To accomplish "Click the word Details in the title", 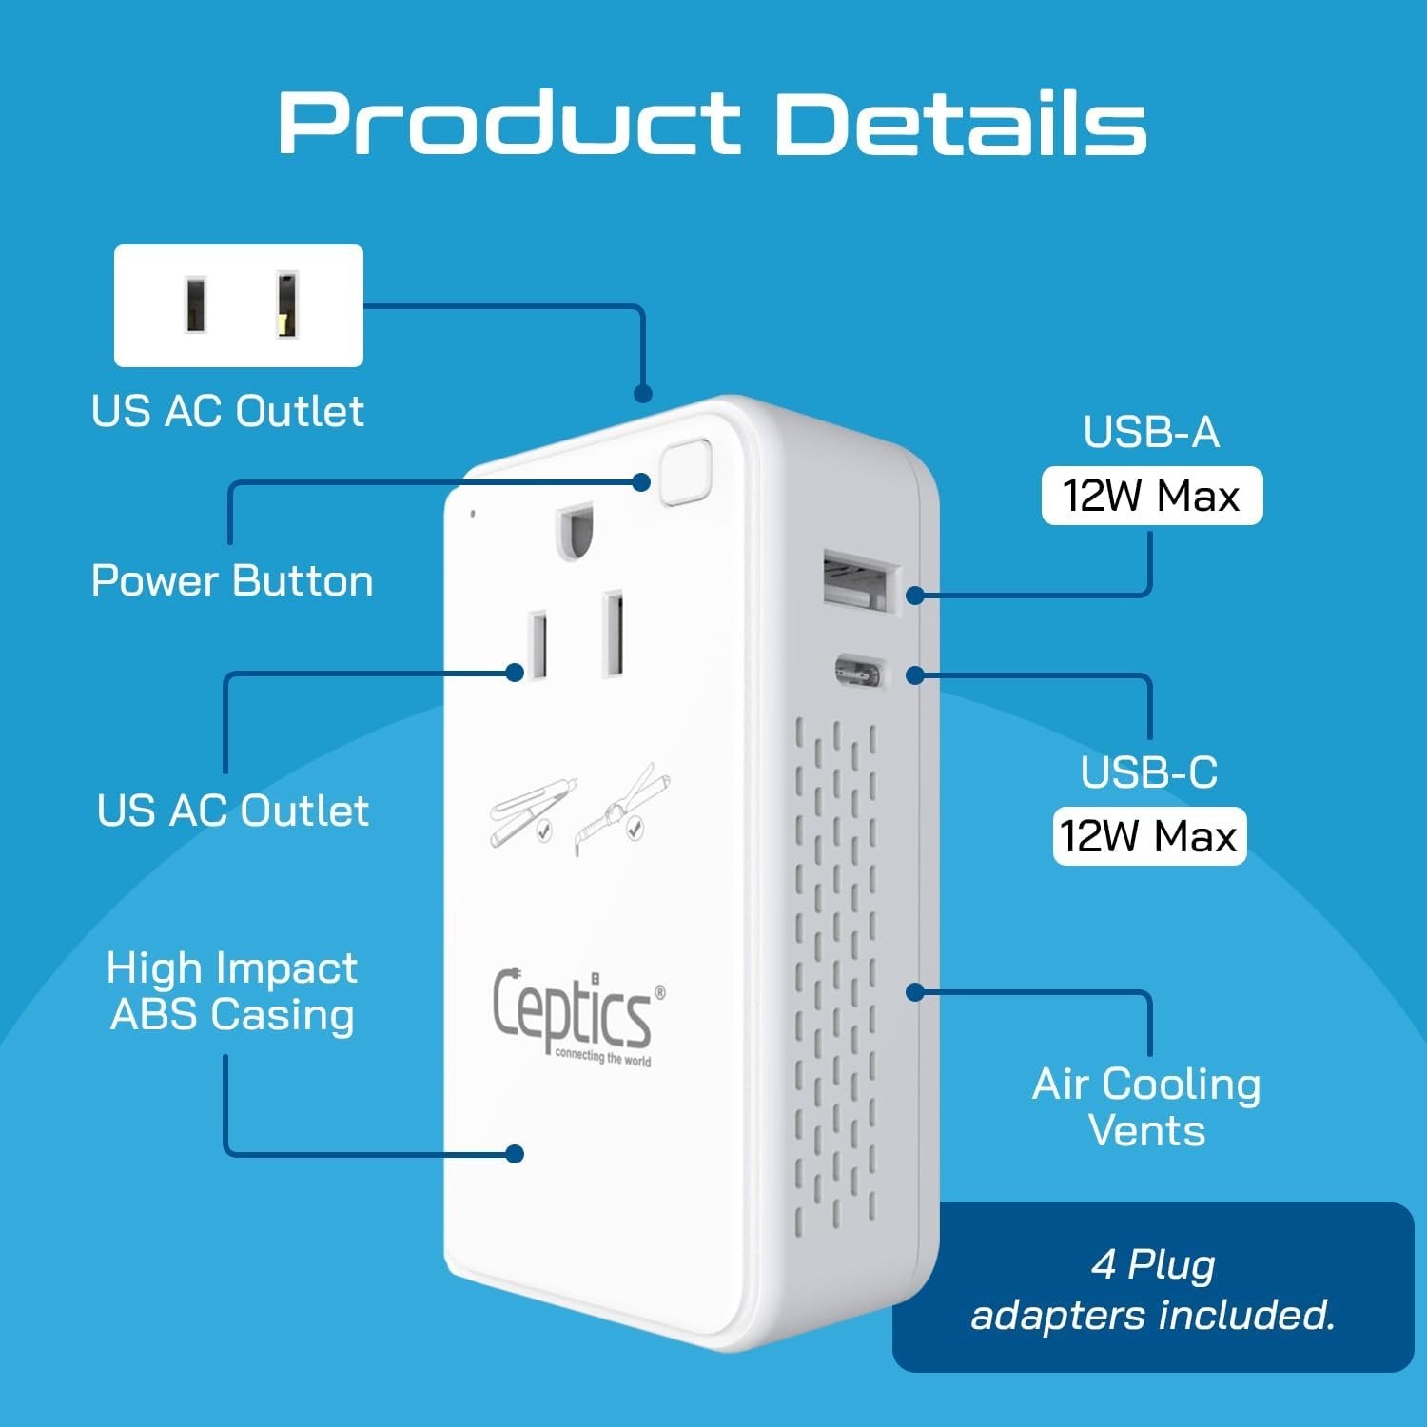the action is pyautogui.click(x=962, y=123).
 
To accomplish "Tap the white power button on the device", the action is pyautogui.click(x=686, y=470).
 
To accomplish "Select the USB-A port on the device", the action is pyautogui.click(x=860, y=580).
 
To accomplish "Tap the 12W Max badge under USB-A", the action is pyautogui.click(x=1151, y=496).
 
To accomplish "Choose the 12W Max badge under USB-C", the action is pyautogui.click(x=1148, y=836).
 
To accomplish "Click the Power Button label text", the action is pyautogui.click(x=232, y=580).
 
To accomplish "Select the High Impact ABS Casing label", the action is pyautogui.click(x=232, y=990).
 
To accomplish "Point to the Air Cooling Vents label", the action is pyautogui.click(x=1146, y=1106).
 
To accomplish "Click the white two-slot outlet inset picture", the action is pyautogui.click(x=239, y=305).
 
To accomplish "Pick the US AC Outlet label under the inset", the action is pyautogui.click(x=227, y=411).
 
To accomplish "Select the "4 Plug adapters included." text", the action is pyautogui.click(x=1153, y=1289).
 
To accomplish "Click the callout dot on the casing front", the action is pyautogui.click(x=515, y=1154).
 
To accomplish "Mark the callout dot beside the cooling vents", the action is pyautogui.click(x=914, y=992).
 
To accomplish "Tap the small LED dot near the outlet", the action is pyautogui.click(x=473, y=514).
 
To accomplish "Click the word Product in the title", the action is pyautogui.click(x=509, y=123).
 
